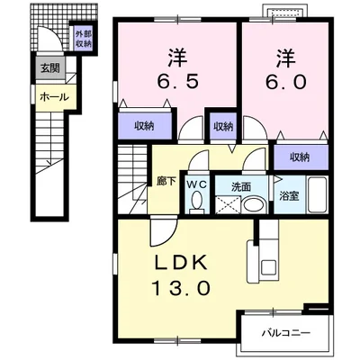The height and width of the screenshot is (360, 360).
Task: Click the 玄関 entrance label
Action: [50, 68]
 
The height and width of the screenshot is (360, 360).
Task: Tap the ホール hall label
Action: [55, 97]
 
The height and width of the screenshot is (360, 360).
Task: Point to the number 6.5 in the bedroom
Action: [177, 80]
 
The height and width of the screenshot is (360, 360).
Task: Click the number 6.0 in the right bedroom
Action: [285, 81]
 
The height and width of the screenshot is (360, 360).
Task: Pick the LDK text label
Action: [181, 263]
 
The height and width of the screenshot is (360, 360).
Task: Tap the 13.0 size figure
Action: [181, 289]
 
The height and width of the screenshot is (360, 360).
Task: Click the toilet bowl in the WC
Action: [197, 200]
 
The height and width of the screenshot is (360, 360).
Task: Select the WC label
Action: [197, 184]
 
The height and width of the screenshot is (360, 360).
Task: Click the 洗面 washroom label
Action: [241, 187]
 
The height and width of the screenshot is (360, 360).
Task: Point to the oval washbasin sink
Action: [254, 205]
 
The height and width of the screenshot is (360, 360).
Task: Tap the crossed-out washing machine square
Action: [228, 204]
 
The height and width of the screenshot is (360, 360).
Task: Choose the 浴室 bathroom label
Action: [289, 196]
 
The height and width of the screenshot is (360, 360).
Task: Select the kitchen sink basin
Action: [269, 266]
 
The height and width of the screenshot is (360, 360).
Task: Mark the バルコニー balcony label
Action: [286, 333]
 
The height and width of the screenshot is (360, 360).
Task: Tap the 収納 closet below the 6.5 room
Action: [145, 126]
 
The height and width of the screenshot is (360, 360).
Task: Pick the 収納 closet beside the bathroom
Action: [301, 157]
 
